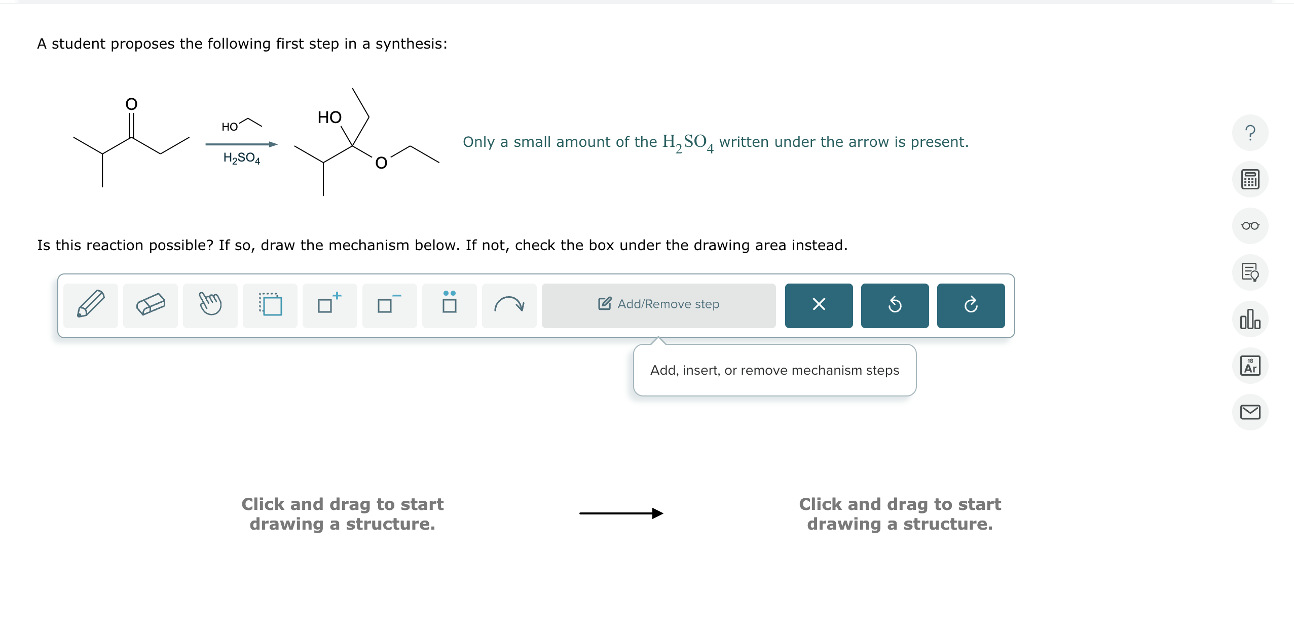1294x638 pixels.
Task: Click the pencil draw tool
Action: [x=91, y=305]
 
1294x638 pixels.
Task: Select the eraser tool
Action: [x=151, y=305]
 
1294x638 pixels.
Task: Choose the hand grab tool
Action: [x=210, y=305]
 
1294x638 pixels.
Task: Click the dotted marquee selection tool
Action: [x=270, y=305]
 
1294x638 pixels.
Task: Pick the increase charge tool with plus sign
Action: [x=329, y=305]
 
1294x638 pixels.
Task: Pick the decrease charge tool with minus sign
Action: [x=389, y=305]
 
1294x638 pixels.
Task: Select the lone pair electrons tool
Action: [x=449, y=305]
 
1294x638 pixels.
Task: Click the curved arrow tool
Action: [x=509, y=305]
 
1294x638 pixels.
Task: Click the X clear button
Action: [x=819, y=305]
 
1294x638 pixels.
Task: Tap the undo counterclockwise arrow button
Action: [x=895, y=305]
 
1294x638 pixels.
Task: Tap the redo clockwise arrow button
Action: [x=971, y=305]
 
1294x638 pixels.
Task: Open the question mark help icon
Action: [x=1250, y=133]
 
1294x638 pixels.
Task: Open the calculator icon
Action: [x=1250, y=179]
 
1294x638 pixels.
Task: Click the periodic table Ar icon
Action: [x=1250, y=366]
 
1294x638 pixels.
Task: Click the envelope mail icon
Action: [x=1250, y=412]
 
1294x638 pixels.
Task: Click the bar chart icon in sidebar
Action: [x=1250, y=319]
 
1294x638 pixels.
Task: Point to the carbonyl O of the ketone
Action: [x=131, y=104]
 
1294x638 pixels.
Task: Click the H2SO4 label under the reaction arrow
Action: [x=242, y=158]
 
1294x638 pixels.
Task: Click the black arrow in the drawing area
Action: [x=621, y=513]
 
